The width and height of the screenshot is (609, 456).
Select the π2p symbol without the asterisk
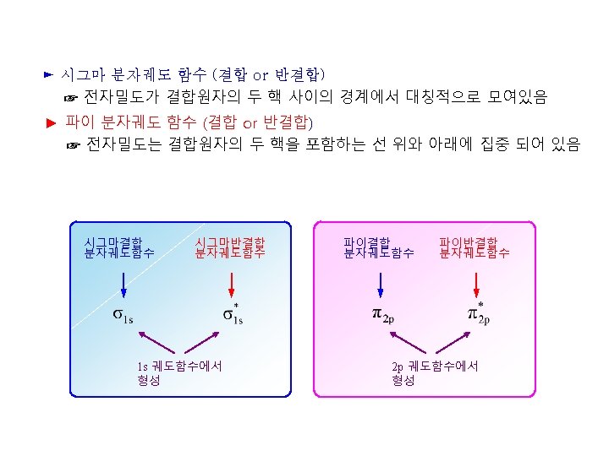point(383,315)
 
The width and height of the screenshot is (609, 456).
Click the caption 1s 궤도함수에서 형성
point(178,372)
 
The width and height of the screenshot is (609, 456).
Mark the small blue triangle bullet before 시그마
point(48,76)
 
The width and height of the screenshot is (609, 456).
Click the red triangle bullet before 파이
point(50,122)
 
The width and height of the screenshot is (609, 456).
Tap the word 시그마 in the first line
point(80,76)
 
